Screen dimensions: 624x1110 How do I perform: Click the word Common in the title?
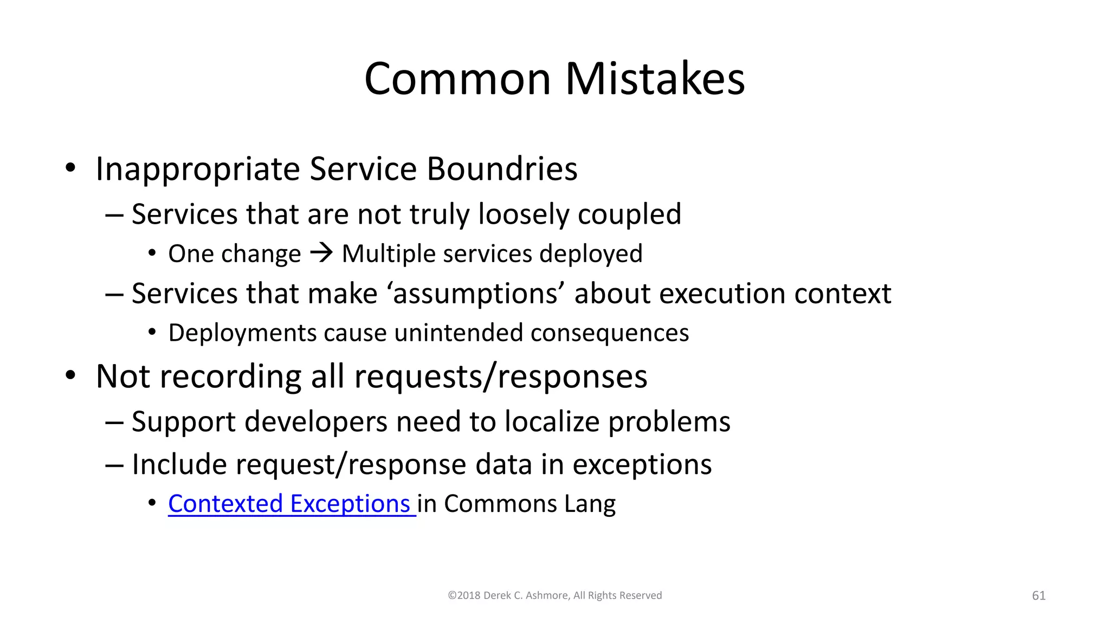[458, 79]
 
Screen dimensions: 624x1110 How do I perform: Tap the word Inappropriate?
[198, 168]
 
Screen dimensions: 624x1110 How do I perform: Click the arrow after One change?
[321, 253]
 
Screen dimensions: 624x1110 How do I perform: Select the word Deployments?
[242, 333]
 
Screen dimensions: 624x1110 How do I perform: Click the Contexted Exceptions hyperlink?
[289, 504]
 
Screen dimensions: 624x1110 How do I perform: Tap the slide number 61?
[1038, 595]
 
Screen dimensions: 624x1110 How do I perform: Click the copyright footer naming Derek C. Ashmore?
[554, 595]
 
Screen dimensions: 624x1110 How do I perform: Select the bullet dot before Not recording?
[70, 375]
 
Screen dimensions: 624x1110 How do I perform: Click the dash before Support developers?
[114, 422]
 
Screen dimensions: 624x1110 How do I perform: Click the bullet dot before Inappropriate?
[70, 168]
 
